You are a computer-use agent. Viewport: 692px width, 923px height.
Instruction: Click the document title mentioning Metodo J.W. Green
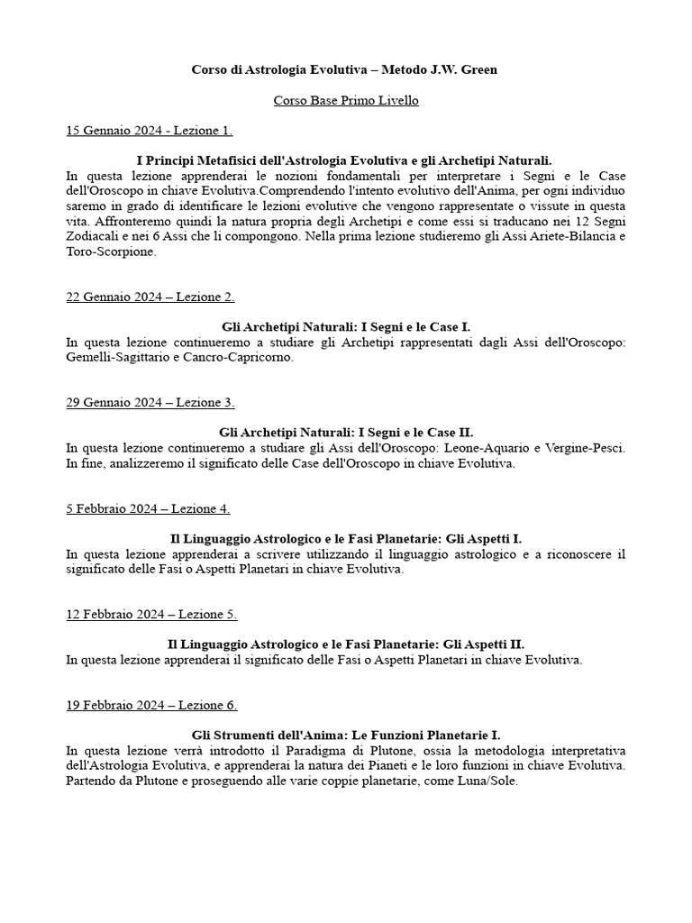[x=346, y=69]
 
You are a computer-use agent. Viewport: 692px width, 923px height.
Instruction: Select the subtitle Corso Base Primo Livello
[x=346, y=100]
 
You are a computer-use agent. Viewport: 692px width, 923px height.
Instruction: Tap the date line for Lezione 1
[x=150, y=131]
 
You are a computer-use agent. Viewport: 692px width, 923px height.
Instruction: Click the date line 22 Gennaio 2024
[x=150, y=297]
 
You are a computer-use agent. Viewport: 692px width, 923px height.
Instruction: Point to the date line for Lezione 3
[x=150, y=403]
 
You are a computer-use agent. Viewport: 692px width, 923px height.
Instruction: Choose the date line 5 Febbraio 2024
[x=148, y=508]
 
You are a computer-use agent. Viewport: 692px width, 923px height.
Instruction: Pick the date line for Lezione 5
[x=151, y=615]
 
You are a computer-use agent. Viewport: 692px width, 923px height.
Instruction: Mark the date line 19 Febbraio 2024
[x=151, y=705]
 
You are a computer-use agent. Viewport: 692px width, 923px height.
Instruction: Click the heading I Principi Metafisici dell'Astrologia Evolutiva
[x=344, y=160]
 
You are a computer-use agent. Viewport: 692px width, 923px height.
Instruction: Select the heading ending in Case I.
[x=346, y=327]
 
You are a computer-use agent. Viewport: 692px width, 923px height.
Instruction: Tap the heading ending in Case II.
[x=346, y=433]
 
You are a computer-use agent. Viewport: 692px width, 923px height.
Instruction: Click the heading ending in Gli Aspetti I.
[x=346, y=539]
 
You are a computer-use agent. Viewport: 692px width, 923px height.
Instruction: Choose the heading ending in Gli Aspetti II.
[x=346, y=644]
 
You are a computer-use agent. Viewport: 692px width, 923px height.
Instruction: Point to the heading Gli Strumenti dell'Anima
[x=346, y=736]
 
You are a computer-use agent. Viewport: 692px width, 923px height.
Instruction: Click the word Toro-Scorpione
[x=111, y=252]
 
